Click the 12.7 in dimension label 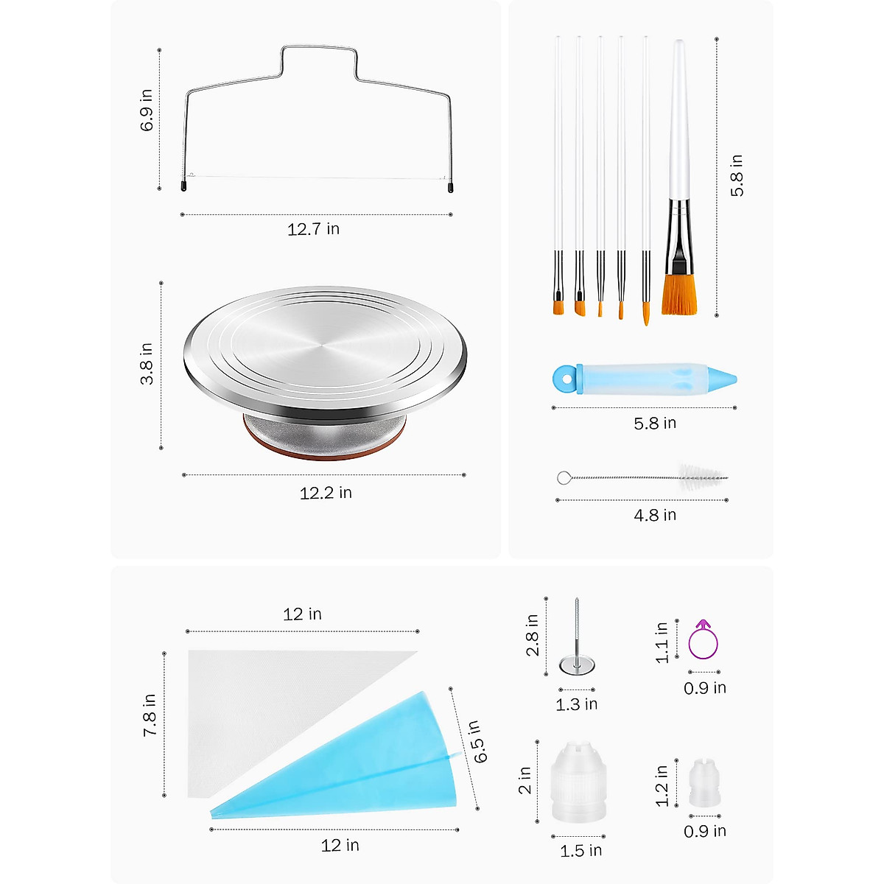click(x=313, y=229)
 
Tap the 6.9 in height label click(x=147, y=110)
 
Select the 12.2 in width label click(x=325, y=493)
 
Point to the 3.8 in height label click(x=147, y=363)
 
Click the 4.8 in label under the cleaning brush click(x=655, y=515)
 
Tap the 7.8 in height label click(x=150, y=715)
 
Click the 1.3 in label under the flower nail click(x=576, y=704)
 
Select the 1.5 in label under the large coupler click(x=580, y=851)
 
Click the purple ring click(x=703, y=642)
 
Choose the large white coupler click(x=578, y=782)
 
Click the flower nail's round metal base click(x=577, y=665)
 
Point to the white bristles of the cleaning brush click(x=700, y=473)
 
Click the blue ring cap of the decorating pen click(x=565, y=378)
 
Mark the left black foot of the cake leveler click(x=183, y=187)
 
